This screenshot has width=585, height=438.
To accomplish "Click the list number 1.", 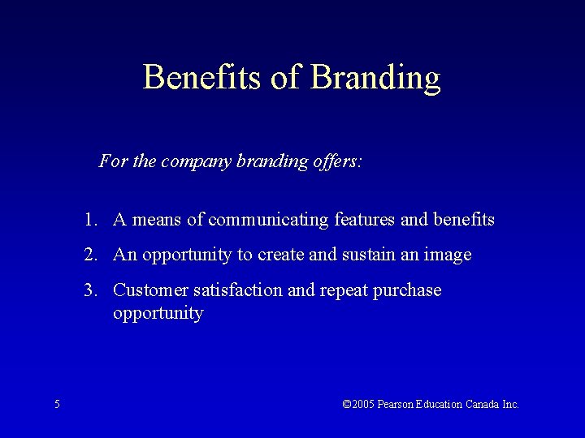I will tap(88, 220).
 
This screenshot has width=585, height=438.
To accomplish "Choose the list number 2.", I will tap(88, 255).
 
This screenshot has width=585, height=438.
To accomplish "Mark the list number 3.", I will tap(88, 290).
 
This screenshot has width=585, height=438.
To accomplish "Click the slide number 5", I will tap(57, 404).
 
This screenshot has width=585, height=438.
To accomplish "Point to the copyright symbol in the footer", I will tap(347, 404).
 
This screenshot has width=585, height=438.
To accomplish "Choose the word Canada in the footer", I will tap(483, 404).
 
